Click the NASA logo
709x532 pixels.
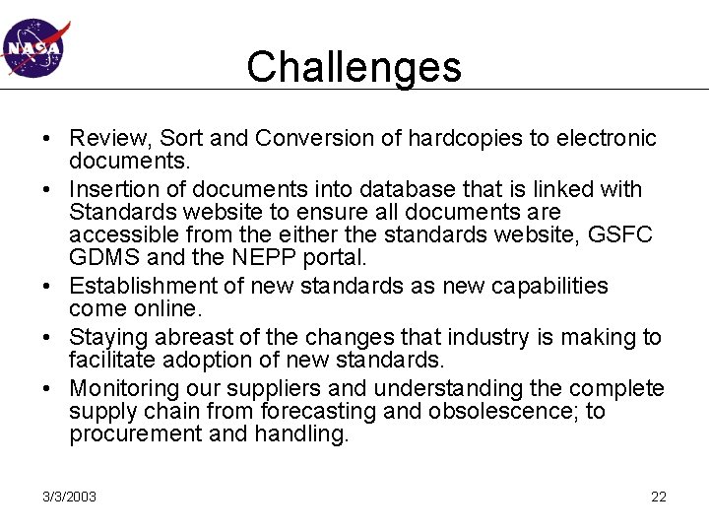coord(32,47)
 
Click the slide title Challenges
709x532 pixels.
coord(354,67)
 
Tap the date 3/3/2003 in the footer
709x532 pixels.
coord(69,497)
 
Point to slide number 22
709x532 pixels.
coord(659,497)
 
